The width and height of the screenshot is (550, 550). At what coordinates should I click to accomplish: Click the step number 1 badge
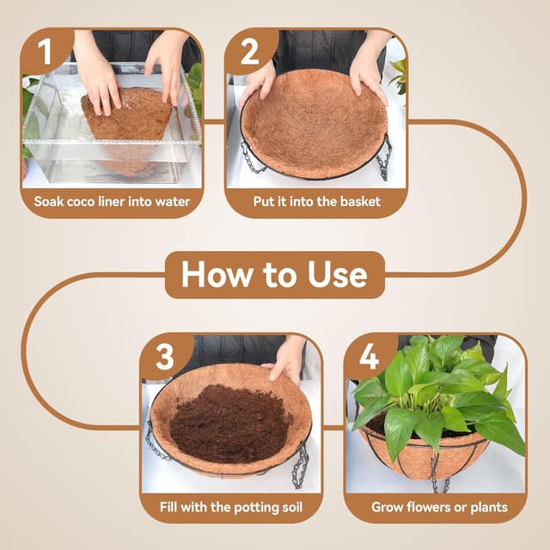(x=41, y=52)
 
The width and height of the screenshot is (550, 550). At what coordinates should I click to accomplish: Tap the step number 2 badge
(x=250, y=52)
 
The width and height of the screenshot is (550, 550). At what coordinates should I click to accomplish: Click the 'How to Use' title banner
(x=274, y=275)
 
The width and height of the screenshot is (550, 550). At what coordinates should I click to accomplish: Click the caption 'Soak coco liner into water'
(x=112, y=203)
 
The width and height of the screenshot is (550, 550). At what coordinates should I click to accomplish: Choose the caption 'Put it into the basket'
(x=316, y=203)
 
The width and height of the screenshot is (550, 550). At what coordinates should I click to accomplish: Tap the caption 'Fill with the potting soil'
(x=231, y=507)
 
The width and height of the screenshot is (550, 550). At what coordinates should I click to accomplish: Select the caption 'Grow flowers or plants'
(x=439, y=507)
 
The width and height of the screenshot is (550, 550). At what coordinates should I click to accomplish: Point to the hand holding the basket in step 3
(x=285, y=361)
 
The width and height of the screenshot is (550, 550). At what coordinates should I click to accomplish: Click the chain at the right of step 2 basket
(x=383, y=155)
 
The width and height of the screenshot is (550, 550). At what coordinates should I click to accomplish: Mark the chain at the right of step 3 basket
(x=301, y=464)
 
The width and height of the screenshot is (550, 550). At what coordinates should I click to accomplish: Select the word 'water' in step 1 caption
(x=170, y=203)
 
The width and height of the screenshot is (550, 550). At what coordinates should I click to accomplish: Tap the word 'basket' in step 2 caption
(x=359, y=203)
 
